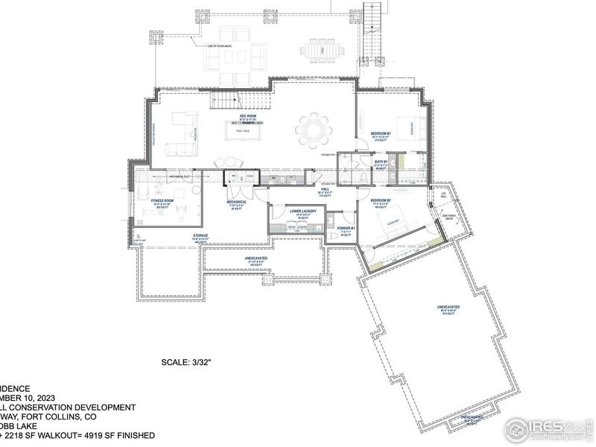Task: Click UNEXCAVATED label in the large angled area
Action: [x=447, y=307]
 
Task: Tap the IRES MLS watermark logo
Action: [x=548, y=427]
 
